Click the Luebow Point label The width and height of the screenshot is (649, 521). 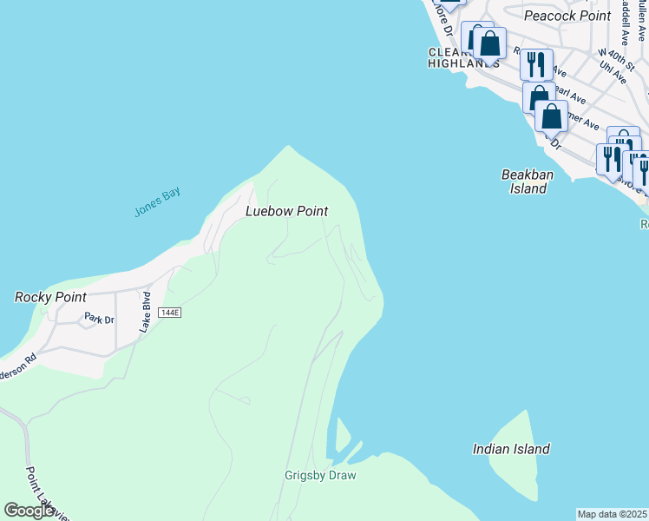pyautogui.click(x=287, y=211)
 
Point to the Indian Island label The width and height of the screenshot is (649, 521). pyautogui.click(x=511, y=449)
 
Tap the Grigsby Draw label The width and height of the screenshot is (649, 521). pyautogui.click(x=320, y=475)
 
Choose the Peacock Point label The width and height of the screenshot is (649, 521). pyautogui.click(x=567, y=16)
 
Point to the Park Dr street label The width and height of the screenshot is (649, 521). pyautogui.click(x=99, y=320)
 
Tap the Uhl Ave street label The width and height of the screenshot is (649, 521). pyautogui.click(x=619, y=71)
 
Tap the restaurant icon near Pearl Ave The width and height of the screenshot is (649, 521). pyautogui.click(x=536, y=63)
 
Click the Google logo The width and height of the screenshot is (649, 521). pyautogui.click(x=29, y=511)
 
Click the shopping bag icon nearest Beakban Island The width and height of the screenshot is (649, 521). pyautogui.click(x=551, y=115)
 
